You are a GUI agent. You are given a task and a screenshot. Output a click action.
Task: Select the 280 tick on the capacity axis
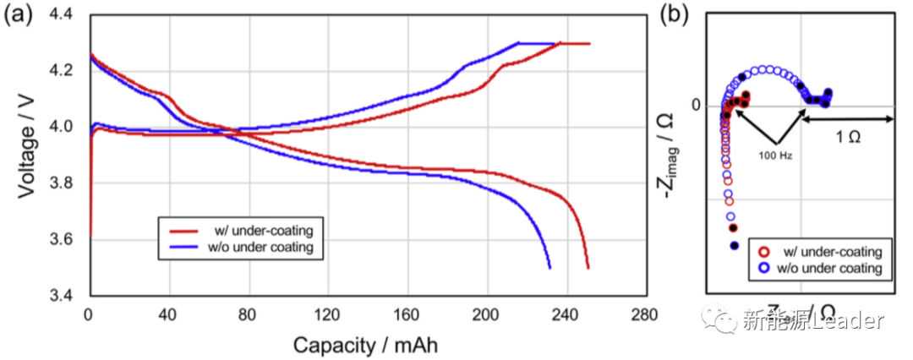point(644,315)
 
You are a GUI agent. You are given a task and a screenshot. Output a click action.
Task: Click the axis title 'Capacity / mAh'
point(365,345)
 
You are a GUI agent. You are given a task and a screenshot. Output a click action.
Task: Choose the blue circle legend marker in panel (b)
point(763,267)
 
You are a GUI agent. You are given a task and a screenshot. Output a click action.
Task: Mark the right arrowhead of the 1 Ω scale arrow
point(890,119)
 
